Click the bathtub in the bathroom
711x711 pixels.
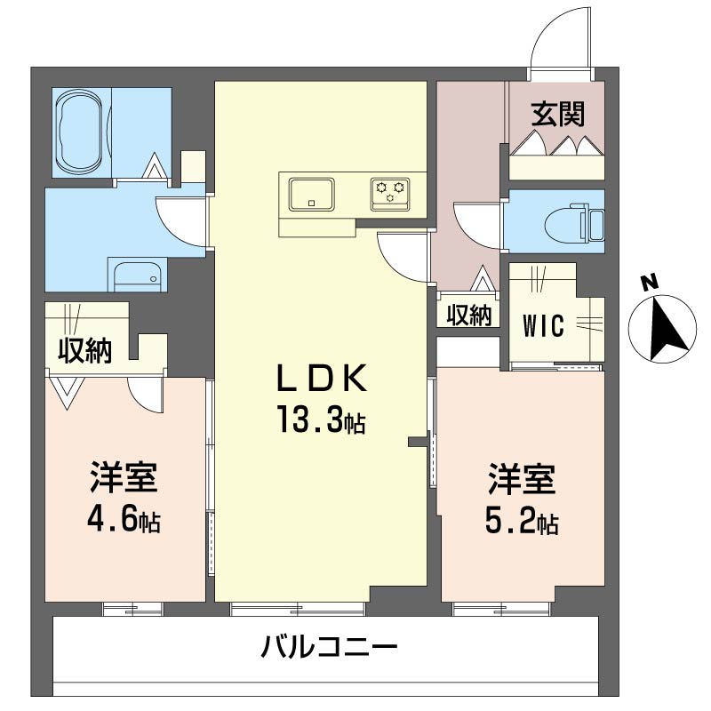(80, 133)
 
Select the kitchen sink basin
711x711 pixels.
(311, 193)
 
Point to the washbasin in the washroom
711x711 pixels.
(136, 276)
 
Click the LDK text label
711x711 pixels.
(320, 379)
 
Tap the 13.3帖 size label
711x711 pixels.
(320, 420)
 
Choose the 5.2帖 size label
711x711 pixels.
(521, 523)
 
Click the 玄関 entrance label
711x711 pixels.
(557, 114)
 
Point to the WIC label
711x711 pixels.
(542, 326)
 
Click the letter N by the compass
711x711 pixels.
(650, 284)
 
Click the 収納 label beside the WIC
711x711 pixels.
(468, 315)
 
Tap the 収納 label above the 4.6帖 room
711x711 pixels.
(84, 351)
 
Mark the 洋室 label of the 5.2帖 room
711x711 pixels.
(521, 481)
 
